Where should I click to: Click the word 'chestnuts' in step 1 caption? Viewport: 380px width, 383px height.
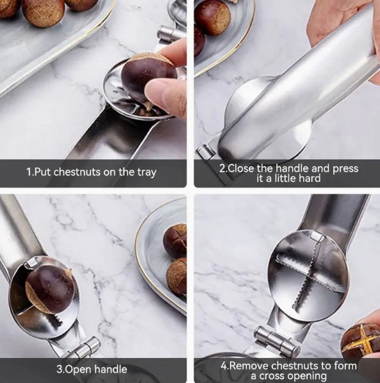77,172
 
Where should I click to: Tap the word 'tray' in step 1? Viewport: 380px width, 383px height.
147,173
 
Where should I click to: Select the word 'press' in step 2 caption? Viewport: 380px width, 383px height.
345,169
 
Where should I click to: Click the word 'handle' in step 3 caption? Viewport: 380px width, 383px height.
111,369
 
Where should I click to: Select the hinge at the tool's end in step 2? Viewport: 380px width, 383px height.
206,152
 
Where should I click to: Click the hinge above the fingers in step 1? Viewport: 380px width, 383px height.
169,35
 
